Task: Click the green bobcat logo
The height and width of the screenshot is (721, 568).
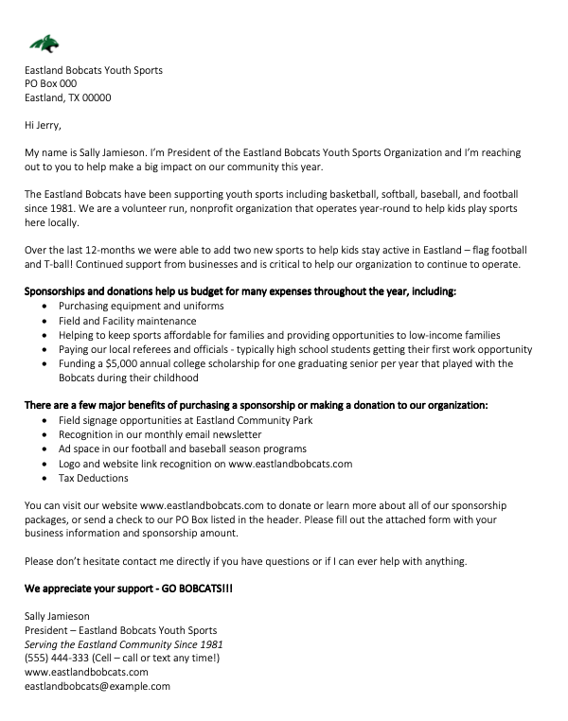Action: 44,44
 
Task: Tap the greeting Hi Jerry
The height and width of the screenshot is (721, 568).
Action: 45,123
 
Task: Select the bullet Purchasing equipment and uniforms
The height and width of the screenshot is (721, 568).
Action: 141,308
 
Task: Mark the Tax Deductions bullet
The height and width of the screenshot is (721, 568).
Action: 93,479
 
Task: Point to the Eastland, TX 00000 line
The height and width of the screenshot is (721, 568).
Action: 68,97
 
